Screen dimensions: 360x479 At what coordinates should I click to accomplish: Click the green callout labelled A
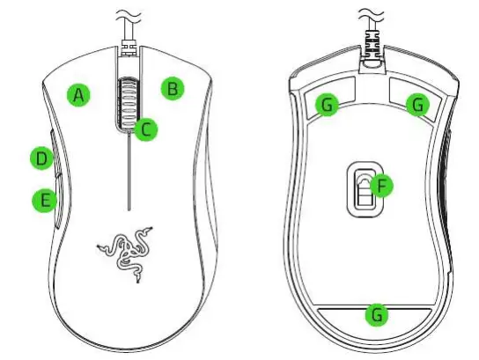(80, 95)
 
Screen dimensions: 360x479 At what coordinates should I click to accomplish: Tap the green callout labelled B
(173, 88)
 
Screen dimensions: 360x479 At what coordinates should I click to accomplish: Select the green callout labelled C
(147, 129)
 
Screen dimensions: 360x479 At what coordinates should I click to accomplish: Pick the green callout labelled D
(40, 158)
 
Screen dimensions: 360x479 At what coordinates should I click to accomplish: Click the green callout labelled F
(381, 187)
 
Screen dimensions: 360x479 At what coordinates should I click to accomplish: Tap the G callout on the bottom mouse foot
(377, 313)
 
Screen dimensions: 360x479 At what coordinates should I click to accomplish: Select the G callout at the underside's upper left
(328, 105)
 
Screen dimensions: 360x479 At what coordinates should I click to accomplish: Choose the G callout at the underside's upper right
(417, 105)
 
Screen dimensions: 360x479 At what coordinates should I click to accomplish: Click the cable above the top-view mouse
(129, 35)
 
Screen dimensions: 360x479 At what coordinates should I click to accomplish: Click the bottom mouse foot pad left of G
(339, 314)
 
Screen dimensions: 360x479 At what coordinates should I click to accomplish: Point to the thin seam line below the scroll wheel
(128, 176)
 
